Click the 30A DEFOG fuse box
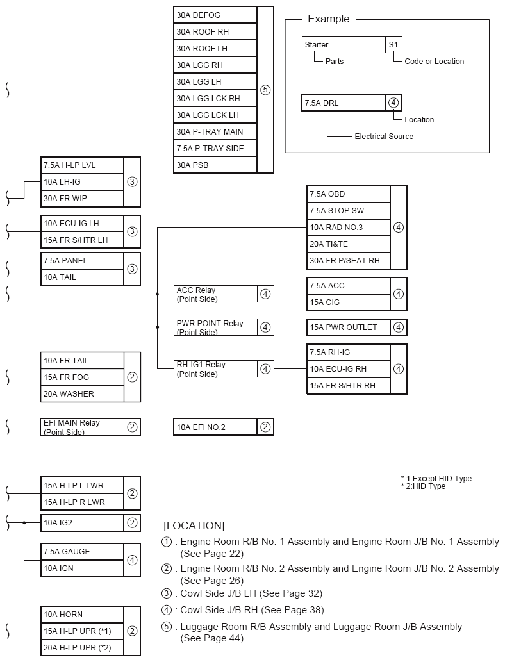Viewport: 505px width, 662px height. [215, 15]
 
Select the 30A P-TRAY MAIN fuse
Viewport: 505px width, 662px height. [215, 131]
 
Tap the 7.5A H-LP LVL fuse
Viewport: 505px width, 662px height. [82, 165]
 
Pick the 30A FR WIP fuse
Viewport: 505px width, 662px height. [82, 198]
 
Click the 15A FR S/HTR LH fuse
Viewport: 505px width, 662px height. [82, 240]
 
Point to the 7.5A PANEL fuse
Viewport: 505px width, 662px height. [82, 261]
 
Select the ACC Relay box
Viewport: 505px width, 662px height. [215, 294]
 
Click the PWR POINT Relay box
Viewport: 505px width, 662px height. [215, 327]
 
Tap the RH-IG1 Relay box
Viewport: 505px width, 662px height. [215, 368]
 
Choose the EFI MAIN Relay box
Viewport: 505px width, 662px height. [82, 427]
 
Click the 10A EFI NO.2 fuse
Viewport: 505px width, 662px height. [215, 427]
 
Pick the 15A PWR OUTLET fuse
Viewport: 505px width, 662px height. [348, 327]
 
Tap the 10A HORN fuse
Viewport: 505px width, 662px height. [82, 614]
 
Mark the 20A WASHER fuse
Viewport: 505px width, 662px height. [82, 393]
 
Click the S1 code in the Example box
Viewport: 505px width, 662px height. [393, 45]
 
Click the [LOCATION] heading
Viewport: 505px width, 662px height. [194, 525]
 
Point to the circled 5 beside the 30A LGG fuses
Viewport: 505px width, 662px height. [265, 90]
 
